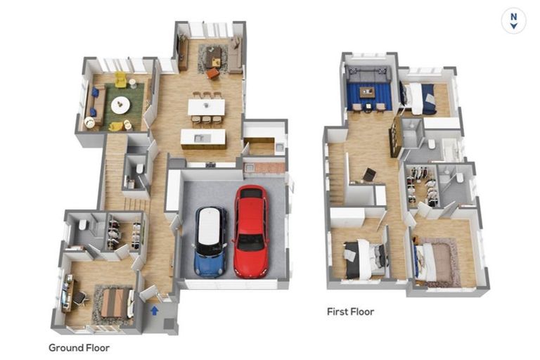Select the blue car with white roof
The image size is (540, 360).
211,241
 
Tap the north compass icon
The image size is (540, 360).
513,21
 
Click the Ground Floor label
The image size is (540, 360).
79,347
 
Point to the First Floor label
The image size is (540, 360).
350,311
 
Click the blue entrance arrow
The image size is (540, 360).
154,310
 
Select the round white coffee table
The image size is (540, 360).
120,105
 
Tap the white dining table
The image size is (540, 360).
206,107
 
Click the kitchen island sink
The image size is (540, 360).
202,138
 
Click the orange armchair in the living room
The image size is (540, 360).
213,72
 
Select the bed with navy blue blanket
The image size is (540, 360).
419,98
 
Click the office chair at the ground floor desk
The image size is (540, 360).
80,298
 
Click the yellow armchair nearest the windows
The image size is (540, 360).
120,79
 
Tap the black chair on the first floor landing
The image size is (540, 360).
369,174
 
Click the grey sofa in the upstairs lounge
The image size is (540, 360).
369,74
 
